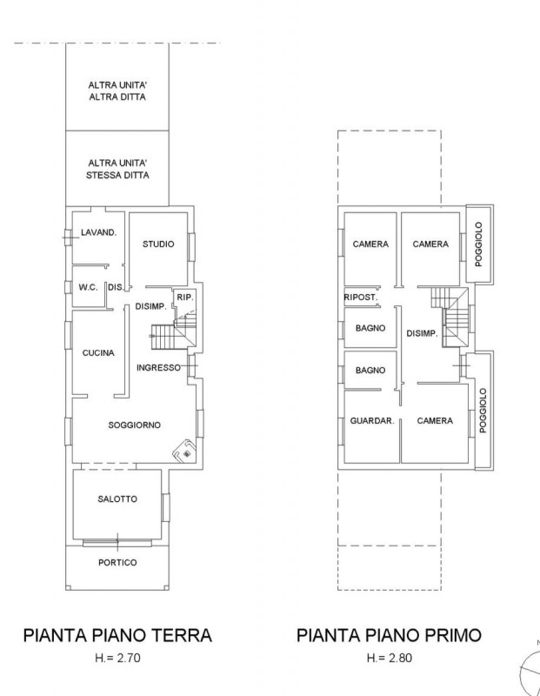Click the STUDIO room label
coord(158,244)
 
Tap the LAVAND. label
coord(98,232)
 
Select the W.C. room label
coord(89,287)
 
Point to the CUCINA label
coord(98,353)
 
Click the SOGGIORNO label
coord(135,425)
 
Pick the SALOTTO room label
coord(117,499)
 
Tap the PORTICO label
coord(117,562)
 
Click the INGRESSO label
coord(158,367)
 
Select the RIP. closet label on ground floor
coord(185,298)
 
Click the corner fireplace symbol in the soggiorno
coord(184,451)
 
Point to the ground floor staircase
coord(173,331)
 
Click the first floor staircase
coord(450,317)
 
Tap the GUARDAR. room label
coord(372,420)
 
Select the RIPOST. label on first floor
coord(361,298)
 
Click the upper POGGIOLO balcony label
coord(478,244)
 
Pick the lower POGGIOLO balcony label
coord(483,411)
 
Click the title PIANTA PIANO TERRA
coord(117,635)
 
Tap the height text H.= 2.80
coord(390,658)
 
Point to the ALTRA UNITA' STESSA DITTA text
coord(117,169)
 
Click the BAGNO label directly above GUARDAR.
coord(370,371)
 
